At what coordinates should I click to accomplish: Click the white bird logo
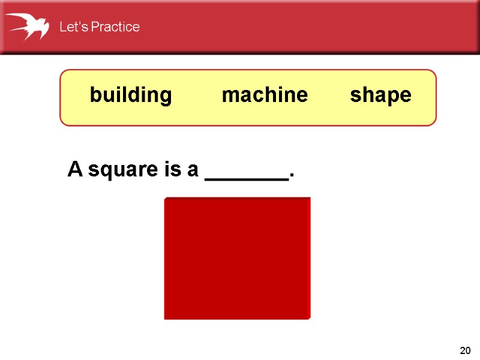coord(28,26)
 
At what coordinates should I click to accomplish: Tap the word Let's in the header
coord(71,27)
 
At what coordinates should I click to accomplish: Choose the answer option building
coord(131,95)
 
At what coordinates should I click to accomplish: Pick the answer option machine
coord(265,95)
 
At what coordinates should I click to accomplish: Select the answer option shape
coord(381,95)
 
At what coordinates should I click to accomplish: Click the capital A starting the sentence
coord(74,170)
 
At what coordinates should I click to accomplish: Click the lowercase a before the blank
coord(193,170)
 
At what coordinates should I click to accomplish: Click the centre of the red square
coord(237,258)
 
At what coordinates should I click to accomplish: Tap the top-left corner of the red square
coord(165,199)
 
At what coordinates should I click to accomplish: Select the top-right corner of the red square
coord(310,199)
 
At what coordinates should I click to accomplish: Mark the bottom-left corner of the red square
coord(165,318)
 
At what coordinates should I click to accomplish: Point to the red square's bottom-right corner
coord(310,318)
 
